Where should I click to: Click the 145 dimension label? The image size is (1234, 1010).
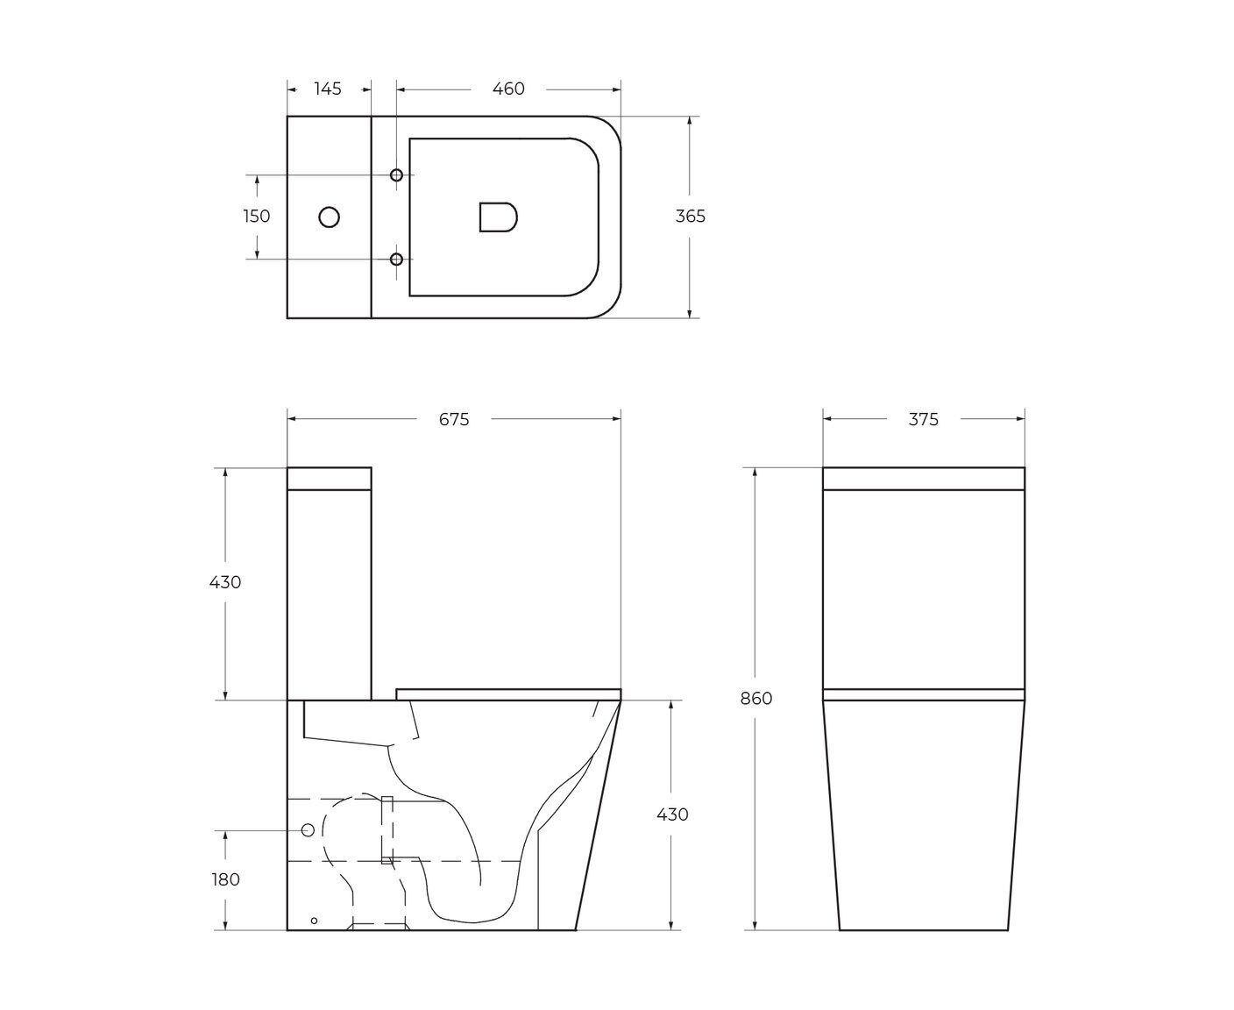coord(328,89)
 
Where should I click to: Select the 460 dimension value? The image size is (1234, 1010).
coord(508,89)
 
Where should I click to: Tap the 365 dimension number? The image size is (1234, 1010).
coord(691,217)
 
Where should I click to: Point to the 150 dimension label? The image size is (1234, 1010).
coord(257,217)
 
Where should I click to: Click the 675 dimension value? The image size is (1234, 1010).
coord(454,419)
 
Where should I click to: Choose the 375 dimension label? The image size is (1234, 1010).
coord(923,419)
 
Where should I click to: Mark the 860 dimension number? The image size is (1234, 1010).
coord(756,699)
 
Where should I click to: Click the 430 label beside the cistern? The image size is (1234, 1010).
coord(225,582)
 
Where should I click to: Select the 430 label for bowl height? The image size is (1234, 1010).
coord(672,814)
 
